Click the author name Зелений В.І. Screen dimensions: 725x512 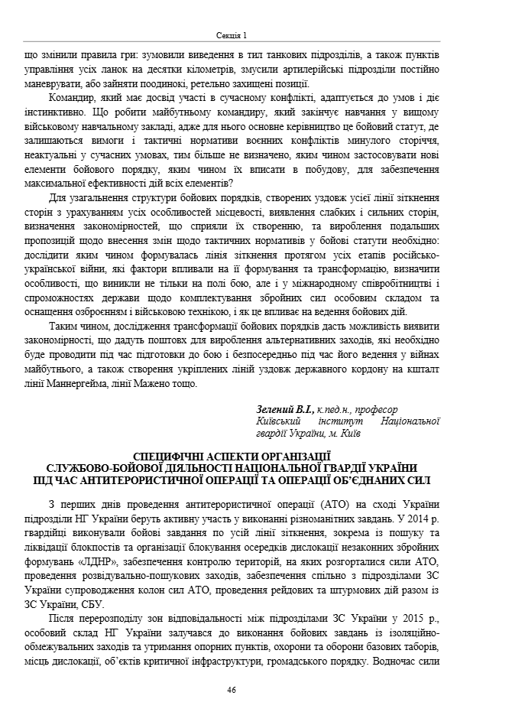(283, 409)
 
